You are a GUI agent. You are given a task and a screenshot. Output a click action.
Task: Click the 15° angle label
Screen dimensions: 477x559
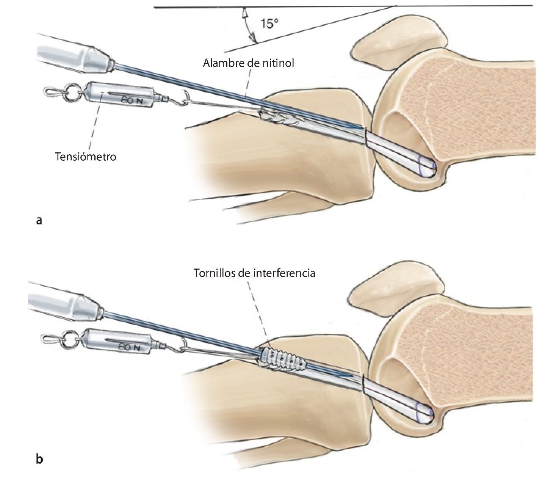[x=269, y=24]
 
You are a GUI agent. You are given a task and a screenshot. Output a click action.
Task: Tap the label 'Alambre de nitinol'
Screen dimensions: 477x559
[x=249, y=63]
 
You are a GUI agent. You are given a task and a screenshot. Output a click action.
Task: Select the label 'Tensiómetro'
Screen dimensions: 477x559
[x=86, y=156]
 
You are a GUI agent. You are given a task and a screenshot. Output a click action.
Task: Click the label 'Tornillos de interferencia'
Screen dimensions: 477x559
[x=254, y=273]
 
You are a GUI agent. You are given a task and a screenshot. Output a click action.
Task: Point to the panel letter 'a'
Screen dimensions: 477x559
[x=38, y=220]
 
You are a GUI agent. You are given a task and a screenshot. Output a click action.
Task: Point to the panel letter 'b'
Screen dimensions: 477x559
[x=39, y=460]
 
